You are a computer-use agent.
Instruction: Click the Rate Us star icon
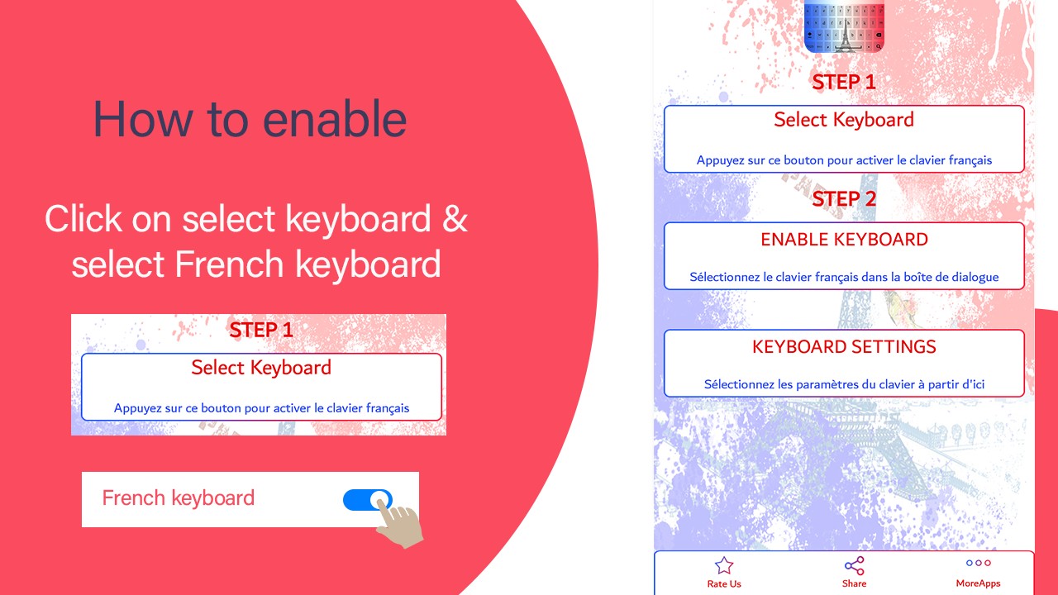tap(723, 565)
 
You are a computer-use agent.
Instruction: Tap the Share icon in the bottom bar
tap(854, 566)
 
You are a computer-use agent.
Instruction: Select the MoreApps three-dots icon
tap(978, 563)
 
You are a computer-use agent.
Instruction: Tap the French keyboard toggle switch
tap(368, 500)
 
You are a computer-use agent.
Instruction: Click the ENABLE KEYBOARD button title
tap(844, 240)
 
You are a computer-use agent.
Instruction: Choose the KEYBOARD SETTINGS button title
tap(844, 346)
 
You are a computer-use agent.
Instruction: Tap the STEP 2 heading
tap(844, 199)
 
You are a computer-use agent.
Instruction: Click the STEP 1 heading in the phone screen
tap(844, 82)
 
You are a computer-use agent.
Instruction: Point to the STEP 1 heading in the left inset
tap(261, 330)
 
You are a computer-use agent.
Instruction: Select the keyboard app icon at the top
tap(844, 25)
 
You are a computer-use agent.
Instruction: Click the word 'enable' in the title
tap(335, 119)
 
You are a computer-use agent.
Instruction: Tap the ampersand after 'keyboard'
tap(455, 219)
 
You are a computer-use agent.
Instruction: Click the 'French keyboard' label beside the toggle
tap(179, 498)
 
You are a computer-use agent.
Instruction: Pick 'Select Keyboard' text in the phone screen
tap(844, 120)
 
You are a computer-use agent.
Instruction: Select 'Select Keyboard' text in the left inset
tap(261, 368)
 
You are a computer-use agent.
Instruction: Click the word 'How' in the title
tap(143, 119)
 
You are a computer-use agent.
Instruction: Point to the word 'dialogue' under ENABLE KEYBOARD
tap(975, 277)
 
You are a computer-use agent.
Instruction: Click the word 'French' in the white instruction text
tap(229, 264)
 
